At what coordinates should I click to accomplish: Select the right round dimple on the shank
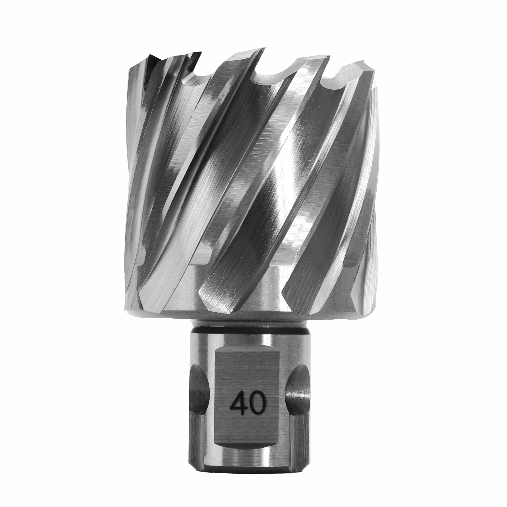click(x=298, y=393)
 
